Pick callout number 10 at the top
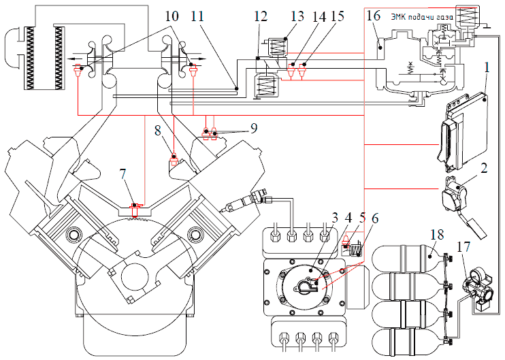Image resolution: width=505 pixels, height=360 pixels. [x=172, y=15]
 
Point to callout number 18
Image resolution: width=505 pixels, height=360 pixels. [x=435, y=235]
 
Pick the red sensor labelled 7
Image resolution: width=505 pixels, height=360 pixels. [x=135, y=204]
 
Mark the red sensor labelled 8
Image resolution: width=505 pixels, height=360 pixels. [x=174, y=160]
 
